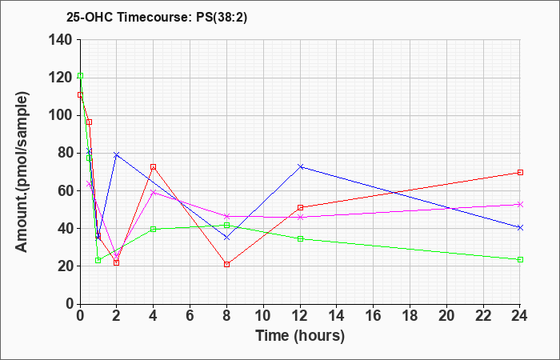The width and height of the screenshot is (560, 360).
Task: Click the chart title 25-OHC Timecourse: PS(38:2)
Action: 157,18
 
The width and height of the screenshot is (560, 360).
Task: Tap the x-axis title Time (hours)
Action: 300,336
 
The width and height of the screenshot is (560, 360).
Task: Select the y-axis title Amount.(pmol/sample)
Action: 22,172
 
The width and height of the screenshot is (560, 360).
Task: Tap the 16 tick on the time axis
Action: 374,316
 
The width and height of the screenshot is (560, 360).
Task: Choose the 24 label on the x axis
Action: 520,316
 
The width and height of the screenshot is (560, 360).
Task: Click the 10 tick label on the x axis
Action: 263,316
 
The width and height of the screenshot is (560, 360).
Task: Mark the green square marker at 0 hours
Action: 80,76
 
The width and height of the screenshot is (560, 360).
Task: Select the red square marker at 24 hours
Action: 520,172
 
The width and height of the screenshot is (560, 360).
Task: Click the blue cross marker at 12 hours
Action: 300,166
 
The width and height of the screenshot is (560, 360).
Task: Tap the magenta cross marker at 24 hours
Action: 520,204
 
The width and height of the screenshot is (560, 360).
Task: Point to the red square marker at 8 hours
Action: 226,264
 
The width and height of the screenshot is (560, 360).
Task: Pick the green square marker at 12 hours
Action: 300,238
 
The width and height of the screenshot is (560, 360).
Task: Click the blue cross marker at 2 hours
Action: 117,154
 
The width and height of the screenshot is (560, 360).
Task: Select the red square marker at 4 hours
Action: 154,166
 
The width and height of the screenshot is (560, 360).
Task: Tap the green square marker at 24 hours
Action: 520,260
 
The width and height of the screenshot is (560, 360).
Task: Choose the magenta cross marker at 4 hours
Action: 154,193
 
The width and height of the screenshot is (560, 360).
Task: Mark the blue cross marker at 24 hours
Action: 520,227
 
